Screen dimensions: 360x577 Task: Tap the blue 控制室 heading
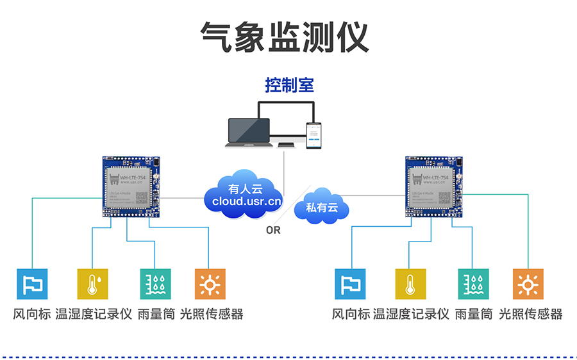[290, 85]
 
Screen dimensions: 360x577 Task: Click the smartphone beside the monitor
[313, 135]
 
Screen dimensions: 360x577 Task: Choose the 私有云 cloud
[321, 207]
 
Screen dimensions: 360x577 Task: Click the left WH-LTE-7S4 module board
[133, 186]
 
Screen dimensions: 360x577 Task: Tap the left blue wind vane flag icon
[32, 284]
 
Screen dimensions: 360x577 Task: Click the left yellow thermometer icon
[93, 284]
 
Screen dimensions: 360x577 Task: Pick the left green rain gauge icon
[156, 284]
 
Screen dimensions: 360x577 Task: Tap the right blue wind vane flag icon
[350, 284]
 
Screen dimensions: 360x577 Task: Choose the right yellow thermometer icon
[410, 284]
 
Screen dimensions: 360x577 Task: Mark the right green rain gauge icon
[473, 284]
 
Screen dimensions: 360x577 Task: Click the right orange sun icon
[528, 284]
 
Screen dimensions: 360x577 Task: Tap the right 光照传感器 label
[530, 315]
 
